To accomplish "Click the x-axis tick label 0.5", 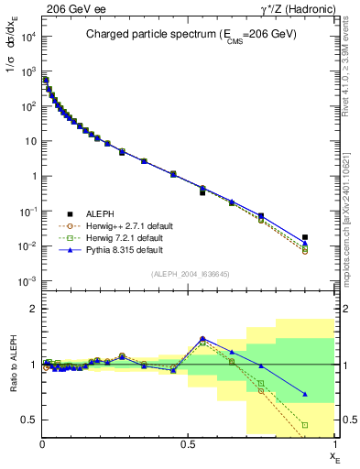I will click(188, 442).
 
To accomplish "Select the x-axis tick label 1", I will click(333, 442).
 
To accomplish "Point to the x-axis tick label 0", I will click(43, 442).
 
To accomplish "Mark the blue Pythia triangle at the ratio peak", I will click(202, 338).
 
